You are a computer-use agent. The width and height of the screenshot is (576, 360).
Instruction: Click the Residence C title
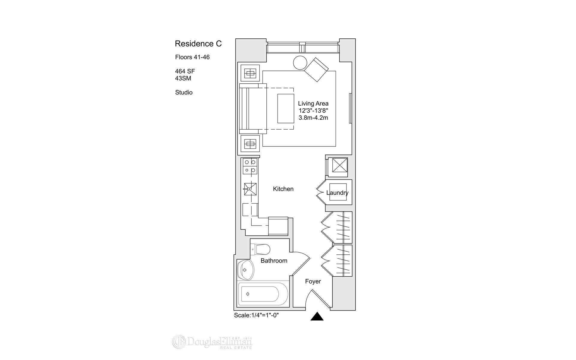pyautogui.click(x=198, y=44)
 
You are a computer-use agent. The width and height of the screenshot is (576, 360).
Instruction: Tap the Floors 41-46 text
pyautogui.click(x=192, y=57)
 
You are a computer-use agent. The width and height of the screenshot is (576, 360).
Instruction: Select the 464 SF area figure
pyautogui.click(x=185, y=71)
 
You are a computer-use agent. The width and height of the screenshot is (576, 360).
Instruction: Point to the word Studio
pyautogui.click(x=184, y=92)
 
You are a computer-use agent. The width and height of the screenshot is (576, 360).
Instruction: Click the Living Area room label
pyautogui.click(x=313, y=104)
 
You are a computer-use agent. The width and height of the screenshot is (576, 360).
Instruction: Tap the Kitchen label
pyautogui.click(x=283, y=189)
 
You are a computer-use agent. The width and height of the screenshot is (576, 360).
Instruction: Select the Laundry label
pyautogui.click(x=337, y=193)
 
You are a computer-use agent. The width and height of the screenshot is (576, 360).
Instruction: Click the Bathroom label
pyautogui.click(x=274, y=261)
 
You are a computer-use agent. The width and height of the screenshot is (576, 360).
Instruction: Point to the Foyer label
pyautogui.click(x=313, y=281)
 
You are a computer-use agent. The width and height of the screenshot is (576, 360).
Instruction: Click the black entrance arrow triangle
pyautogui.click(x=317, y=317)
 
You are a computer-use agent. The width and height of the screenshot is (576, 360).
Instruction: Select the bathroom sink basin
pyautogui.click(x=245, y=270)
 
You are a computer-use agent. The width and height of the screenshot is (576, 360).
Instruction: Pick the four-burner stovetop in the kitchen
pyautogui.click(x=250, y=166)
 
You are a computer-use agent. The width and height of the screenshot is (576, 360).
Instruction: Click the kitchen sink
pyautogui.click(x=250, y=189)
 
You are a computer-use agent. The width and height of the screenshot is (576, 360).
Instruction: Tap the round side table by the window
pyautogui.click(x=300, y=63)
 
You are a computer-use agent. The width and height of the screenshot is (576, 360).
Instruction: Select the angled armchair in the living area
pyautogui.click(x=316, y=69)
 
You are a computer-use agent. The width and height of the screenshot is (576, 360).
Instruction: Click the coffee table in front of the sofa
pyautogui.click(x=286, y=108)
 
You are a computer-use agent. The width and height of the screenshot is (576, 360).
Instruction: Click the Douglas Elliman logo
pyautogui.click(x=212, y=342)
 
